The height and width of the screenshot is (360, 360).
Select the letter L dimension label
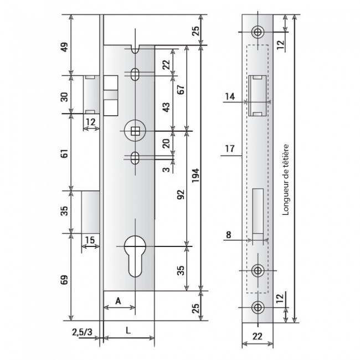[x=128, y=331]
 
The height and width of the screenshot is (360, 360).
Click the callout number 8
[x=229, y=234]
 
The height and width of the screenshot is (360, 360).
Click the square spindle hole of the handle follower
[x=135, y=131]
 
